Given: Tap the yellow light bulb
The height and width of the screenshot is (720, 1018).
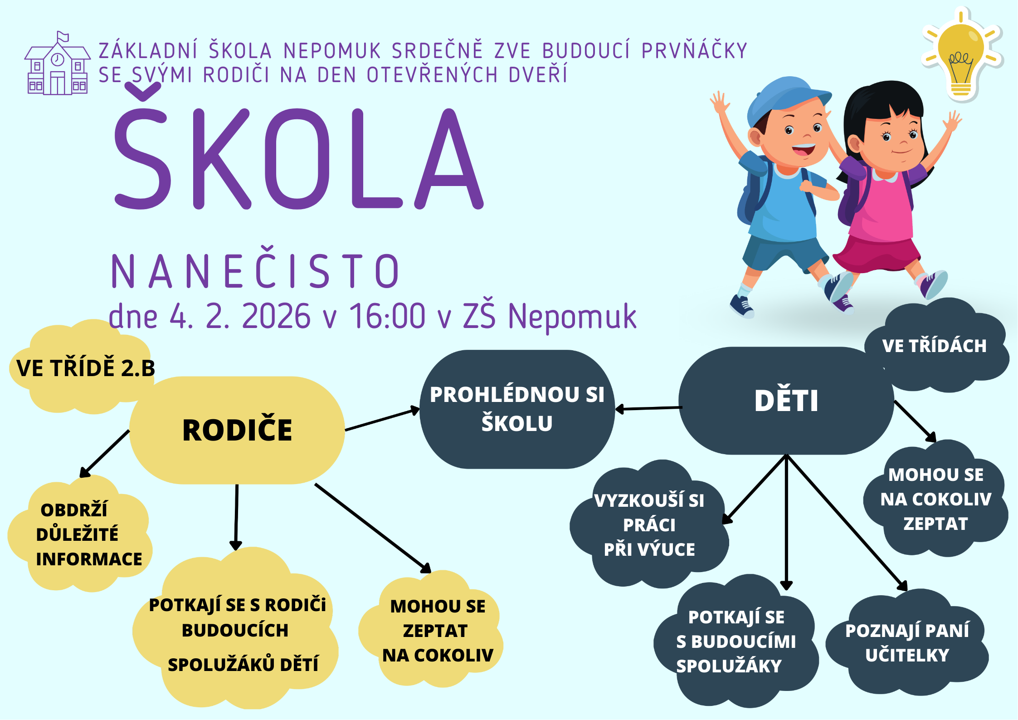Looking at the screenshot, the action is (x=961, y=54).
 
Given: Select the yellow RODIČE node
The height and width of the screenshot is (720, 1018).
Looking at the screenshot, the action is (x=237, y=430).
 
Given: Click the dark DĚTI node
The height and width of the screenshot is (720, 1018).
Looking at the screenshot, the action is (x=786, y=401).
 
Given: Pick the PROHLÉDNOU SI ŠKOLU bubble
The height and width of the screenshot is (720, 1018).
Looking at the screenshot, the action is (x=517, y=409).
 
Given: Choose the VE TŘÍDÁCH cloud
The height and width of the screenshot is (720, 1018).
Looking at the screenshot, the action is (x=936, y=346).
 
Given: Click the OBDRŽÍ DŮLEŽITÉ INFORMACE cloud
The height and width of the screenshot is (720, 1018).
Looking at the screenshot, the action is (x=80, y=534).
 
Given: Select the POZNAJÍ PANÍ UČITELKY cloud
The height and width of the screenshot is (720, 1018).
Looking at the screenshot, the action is (x=907, y=642).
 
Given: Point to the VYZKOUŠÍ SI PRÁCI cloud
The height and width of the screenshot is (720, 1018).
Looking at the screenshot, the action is (x=649, y=524).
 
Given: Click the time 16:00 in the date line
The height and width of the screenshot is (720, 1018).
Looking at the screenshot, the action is (x=387, y=316).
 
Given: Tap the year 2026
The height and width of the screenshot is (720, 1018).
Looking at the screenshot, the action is (x=277, y=316).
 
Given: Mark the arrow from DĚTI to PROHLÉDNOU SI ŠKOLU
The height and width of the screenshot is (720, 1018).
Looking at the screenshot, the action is (x=648, y=409).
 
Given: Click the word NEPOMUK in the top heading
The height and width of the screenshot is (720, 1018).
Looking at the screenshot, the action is (x=332, y=51).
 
